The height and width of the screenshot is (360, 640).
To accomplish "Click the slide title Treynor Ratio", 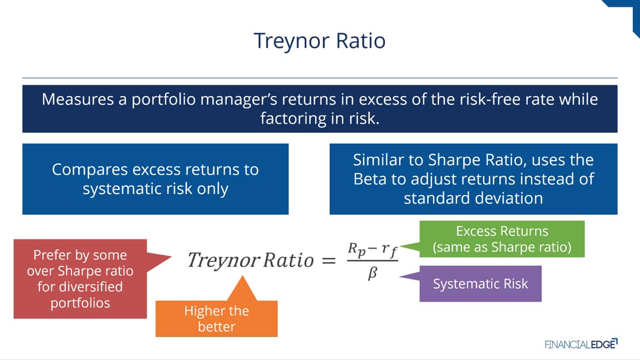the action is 319,41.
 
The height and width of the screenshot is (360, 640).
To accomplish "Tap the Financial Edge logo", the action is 581,344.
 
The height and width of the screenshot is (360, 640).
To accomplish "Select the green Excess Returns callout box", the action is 502,239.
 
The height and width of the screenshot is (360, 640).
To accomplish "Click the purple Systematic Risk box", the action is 481,284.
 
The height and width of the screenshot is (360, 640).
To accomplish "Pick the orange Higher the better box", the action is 217,318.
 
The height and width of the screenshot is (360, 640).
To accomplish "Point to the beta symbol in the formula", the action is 373,274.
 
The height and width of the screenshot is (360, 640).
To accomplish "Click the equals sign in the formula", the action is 329,261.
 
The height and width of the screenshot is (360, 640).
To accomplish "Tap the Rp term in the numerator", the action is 357,249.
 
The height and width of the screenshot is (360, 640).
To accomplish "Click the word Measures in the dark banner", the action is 78,99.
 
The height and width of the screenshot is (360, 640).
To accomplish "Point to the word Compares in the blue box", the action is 90,170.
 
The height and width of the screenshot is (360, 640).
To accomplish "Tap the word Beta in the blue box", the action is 370,179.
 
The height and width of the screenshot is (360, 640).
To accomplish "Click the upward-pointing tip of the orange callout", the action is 243,276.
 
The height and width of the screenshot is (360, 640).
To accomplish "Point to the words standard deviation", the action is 474,198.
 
